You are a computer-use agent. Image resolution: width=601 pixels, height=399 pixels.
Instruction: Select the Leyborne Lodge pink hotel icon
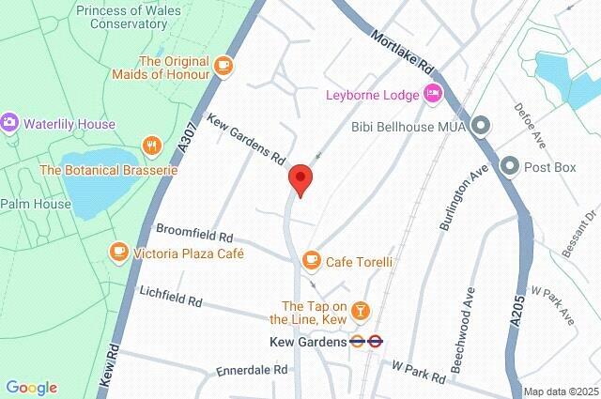(x=433, y=93)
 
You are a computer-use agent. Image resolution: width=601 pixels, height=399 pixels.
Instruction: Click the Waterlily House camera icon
(x=10, y=124)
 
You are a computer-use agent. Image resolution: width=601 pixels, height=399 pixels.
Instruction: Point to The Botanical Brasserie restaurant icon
(x=151, y=146)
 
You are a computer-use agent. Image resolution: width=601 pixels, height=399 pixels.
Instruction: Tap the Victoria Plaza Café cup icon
(x=118, y=253)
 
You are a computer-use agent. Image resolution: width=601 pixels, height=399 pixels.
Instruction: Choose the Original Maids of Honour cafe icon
(x=223, y=65)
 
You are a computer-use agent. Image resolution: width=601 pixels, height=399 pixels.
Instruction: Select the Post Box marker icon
(x=511, y=166)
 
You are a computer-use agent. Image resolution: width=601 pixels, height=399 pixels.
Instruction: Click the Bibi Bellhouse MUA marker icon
(x=482, y=125)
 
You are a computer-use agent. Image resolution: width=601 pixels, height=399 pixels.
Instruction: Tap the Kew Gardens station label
(x=307, y=342)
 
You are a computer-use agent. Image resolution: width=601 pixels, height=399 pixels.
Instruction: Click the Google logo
(x=31, y=388)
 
